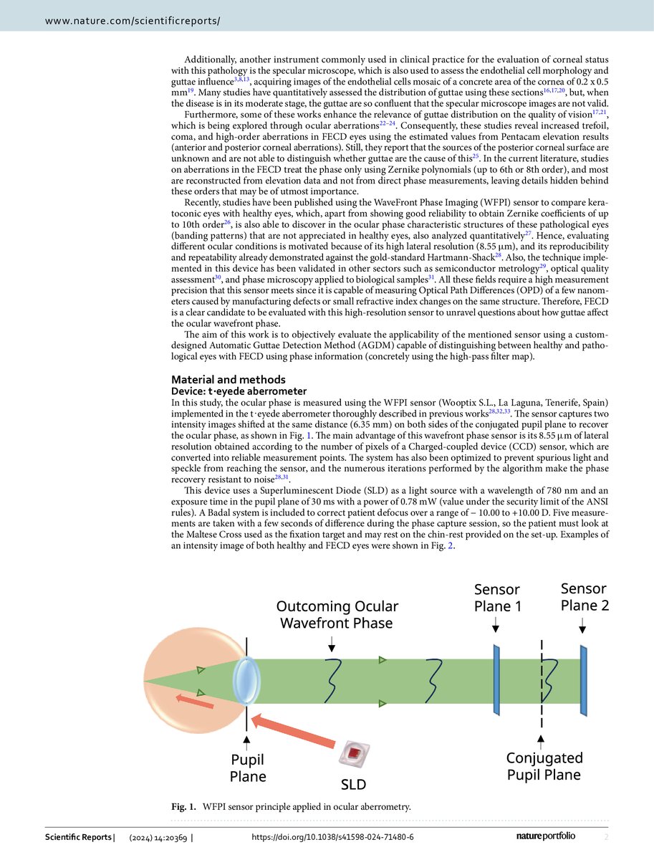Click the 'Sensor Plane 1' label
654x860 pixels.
(x=496, y=598)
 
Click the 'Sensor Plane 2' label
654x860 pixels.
(x=585, y=596)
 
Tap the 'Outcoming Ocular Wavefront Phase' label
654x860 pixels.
(x=337, y=614)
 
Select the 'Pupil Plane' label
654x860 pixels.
(x=248, y=768)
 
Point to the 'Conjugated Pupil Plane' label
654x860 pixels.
(x=544, y=765)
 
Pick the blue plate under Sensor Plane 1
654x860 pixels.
(x=496, y=679)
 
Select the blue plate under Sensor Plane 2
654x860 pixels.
(x=585, y=679)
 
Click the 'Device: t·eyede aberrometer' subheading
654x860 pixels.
(x=239, y=391)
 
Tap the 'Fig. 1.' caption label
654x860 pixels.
(x=184, y=807)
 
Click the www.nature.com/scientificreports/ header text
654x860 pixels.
(x=133, y=21)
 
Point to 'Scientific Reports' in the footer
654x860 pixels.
(x=78, y=838)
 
